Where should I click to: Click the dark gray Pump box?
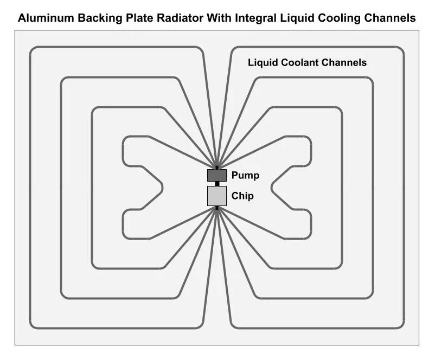pos(216,175)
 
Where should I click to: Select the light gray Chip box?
pos(216,196)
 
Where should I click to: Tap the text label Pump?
pos(245,176)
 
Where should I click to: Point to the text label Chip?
pos(242,196)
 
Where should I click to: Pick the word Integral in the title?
pos(255,18)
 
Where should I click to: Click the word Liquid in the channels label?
pos(263,62)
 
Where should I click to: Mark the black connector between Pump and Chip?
pos(217,184)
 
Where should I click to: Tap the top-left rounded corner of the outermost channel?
pos(33,52)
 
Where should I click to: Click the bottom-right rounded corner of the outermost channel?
pos(400,324)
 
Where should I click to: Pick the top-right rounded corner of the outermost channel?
pos(400,52)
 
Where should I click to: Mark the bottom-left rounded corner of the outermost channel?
pos(33,324)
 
